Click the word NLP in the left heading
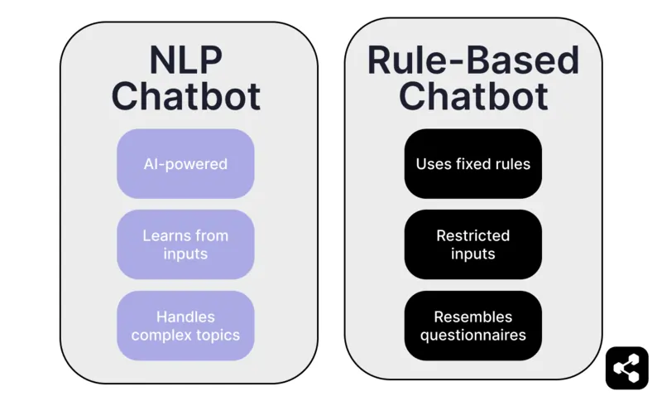185,60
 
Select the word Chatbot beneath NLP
185,96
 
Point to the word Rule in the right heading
401,60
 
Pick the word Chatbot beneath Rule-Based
473,96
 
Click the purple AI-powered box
185,164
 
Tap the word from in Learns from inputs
212,235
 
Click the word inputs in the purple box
185,254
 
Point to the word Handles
185,316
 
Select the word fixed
473,164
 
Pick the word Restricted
473,235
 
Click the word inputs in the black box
473,254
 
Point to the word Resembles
473,316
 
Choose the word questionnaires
473,336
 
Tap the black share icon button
626,367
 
